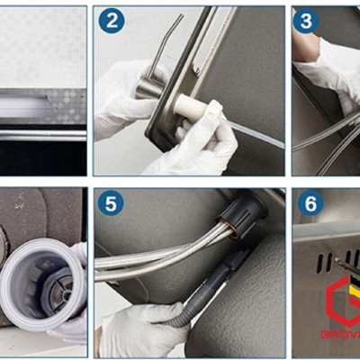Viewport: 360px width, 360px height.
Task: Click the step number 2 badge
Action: [111, 21]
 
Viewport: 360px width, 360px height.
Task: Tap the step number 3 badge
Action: [306, 21]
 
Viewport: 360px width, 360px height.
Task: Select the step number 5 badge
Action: [111, 202]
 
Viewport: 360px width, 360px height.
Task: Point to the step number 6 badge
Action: [310, 202]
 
